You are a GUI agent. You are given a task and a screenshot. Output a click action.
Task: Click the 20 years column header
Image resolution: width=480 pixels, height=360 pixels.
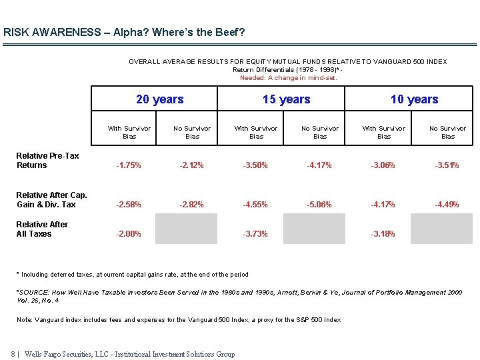[159, 99]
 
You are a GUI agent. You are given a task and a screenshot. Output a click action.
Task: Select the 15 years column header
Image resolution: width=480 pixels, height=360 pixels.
[287, 99]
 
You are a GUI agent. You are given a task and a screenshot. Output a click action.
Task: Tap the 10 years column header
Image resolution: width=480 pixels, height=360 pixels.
[414, 99]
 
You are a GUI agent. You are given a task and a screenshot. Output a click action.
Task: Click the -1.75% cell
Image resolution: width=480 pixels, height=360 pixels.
[129, 165]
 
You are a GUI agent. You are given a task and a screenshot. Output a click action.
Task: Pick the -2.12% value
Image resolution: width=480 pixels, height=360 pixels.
[192, 165]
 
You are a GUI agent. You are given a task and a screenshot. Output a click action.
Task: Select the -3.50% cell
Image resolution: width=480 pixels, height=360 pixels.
[256, 165]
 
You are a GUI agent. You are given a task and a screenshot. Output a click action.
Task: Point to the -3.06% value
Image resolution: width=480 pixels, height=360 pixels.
[383, 165]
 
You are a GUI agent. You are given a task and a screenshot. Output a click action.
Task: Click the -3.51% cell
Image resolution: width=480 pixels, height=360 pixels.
[447, 165]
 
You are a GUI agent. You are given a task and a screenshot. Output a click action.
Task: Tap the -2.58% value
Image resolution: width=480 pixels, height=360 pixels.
[129, 205]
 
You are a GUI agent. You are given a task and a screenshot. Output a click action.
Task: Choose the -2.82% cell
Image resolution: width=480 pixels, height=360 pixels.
[192, 205]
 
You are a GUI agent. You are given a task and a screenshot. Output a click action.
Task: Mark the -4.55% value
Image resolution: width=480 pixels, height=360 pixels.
[256, 205]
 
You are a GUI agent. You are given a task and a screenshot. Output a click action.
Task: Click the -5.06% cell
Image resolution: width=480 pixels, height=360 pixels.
[320, 205]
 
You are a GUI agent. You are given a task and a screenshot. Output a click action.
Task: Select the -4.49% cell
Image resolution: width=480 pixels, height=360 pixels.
[447, 205]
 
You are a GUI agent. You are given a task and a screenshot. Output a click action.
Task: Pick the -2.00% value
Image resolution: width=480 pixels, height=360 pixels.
[129, 234]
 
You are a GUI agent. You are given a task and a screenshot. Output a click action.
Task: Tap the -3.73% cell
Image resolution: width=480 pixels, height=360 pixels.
[256, 234]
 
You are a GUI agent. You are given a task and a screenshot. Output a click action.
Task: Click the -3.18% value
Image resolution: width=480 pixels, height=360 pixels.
[383, 234]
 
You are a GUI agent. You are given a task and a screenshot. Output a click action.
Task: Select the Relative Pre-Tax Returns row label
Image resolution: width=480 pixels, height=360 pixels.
[47, 161]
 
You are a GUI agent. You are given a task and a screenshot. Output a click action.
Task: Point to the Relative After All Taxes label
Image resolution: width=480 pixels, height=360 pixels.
[42, 229]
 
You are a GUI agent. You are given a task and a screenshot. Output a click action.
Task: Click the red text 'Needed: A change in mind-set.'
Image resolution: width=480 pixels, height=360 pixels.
[288, 78]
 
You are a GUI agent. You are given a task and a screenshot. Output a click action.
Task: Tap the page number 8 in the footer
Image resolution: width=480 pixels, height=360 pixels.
[13, 354]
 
